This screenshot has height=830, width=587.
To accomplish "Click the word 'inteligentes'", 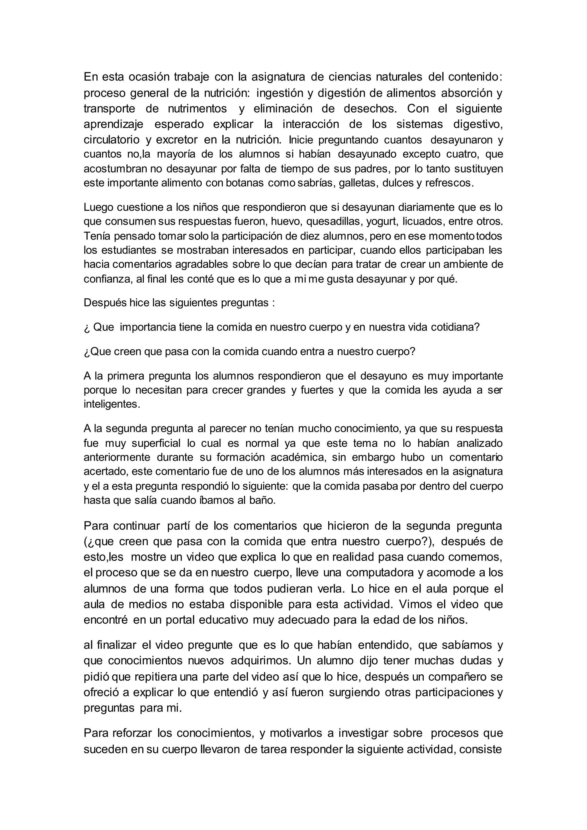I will pyautogui.click(x=111, y=404).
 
